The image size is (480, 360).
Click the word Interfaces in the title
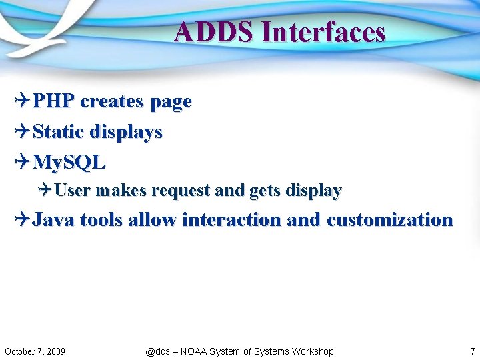[x=324, y=32]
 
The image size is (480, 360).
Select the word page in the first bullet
[x=171, y=102]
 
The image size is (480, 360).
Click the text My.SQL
[x=69, y=162]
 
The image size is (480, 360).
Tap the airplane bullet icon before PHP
[x=22, y=101]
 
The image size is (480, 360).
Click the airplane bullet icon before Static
[x=22, y=132]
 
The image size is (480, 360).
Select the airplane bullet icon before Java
[x=22, y=219]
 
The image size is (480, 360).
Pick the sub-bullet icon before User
[x=45, y=191]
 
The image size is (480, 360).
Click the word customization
[x=389, y=219]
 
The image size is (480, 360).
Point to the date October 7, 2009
[x=35, y=351]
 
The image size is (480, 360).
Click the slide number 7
[x=472, y=351]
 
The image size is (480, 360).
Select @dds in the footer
[x=157, y=351]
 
